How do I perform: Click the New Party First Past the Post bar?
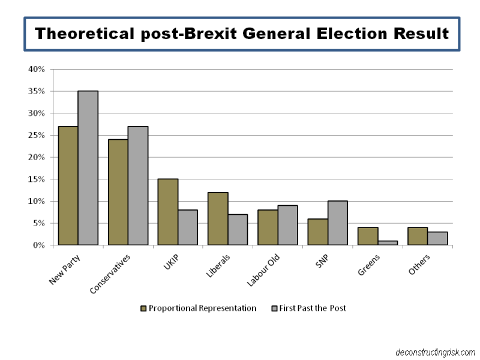[88, 168]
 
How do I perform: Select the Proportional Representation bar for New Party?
[68, 185]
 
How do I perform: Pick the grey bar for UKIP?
[188, 227]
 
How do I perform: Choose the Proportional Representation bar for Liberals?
[218, 218]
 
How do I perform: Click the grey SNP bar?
[338, 223]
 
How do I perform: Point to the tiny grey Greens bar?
[388, 242]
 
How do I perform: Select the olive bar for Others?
[418, 236]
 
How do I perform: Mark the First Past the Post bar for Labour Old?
[288, 225]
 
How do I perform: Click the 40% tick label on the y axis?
[37, 69]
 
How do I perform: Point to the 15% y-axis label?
[37, 179]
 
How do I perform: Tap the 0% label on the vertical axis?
[39, 245]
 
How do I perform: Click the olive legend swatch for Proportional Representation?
[143, 308]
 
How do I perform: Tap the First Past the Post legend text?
[313, 308]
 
